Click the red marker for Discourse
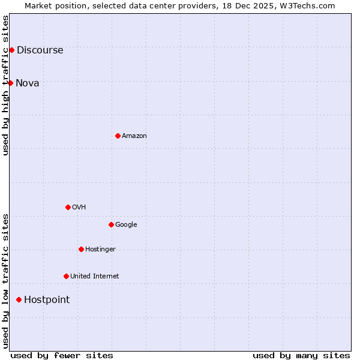pos(11,50)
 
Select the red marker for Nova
pos(10,83)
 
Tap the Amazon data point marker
pos(118,136)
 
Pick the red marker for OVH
pos(68,207)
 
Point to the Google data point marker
pos(111,224)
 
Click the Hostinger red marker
pos(81,249)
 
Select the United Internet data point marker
pos(66,276)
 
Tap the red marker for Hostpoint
pos(19,299)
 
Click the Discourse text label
pos(40,50)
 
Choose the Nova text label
pos(27,83)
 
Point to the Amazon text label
pos(134,136)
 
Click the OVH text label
pos(79,208)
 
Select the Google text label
pos(126,225)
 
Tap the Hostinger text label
pos(100,250)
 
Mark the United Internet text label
pos(94,277)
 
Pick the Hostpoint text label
pos(47,300)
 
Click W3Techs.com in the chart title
pos(307,5)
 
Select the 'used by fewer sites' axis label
pos(62,355)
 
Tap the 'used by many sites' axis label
pos(301,355)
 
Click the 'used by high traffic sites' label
pos(5,85)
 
